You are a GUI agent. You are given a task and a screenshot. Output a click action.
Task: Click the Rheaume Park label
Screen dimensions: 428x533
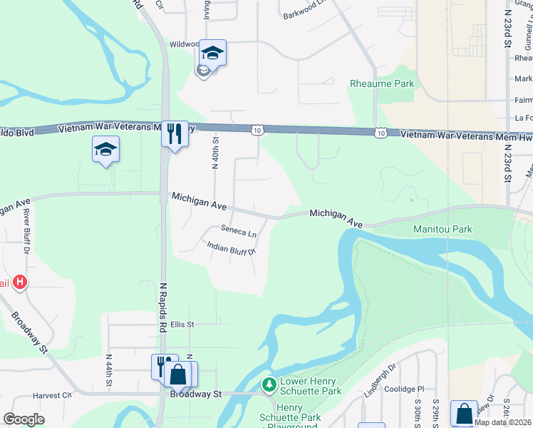[x=382, y=83]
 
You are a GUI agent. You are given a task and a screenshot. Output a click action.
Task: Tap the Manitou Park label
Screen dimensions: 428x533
[x=443, y=230]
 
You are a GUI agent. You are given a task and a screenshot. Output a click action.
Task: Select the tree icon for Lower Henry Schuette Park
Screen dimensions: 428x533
[x=269, y=385]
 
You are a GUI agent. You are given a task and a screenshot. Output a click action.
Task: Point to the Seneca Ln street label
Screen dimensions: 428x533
[x=238, y=232]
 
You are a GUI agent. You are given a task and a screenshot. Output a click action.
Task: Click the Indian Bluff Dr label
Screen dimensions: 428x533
[x=231, y=248]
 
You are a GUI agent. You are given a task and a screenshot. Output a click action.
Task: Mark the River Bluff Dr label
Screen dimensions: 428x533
[x=26, y=230]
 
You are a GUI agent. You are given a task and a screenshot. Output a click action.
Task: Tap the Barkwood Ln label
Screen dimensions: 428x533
[x=304, y=14]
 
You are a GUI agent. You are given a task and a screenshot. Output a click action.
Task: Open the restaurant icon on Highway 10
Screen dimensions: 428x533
[x=175, y=133]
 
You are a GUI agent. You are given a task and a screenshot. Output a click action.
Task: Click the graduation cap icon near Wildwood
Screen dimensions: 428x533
[x=212, y=52]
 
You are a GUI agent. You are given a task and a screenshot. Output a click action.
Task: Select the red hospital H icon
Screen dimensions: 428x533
[x=21, y=282]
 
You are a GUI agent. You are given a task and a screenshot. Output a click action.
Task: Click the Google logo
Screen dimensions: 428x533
[x=24, y=419]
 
